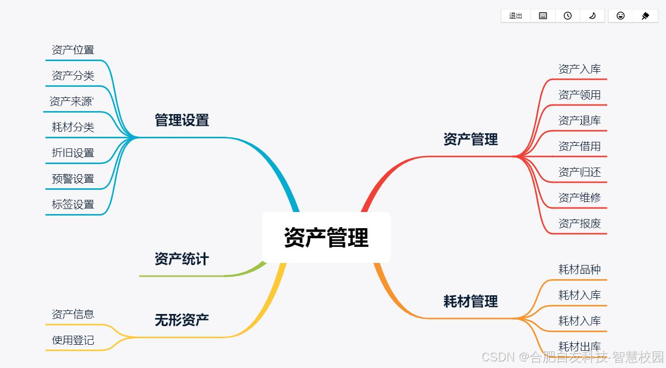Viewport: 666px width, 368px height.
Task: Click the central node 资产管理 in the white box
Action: (x=326, y=237)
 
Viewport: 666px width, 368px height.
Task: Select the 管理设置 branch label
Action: (x=181, y=120)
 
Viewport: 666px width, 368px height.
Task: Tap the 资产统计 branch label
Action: (x=181, y=259)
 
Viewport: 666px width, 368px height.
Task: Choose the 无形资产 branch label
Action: (x=181, y=320)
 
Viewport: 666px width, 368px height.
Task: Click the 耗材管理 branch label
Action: (x=470, y=301)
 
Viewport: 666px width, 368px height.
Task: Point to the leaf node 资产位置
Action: (x=73, y=50)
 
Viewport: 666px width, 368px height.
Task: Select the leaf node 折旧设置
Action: (x=73, y=153)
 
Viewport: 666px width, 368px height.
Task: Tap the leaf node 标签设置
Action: (x=73, y=204)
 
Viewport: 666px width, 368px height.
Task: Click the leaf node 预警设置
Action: (x=73, y=179)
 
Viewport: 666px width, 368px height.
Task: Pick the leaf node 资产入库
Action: (x=579, y=69)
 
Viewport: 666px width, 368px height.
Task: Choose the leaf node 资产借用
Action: (x=579, y=146)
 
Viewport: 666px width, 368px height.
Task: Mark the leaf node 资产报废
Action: (x=579, y=224)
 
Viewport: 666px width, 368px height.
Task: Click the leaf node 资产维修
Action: (x=579, y=198)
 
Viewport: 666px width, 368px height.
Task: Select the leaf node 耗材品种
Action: (x=579, y=270)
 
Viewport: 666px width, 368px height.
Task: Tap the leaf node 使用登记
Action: (x=73, y=340)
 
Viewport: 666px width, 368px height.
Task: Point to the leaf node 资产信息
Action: (x=73, y=314)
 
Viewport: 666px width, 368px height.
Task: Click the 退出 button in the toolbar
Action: (x=515, y=16)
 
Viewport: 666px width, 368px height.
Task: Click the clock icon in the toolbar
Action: (x=568, y=16)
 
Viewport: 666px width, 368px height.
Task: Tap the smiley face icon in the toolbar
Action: (x=621, y=16)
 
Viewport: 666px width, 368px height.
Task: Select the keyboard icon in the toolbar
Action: (x=543, y=16)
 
